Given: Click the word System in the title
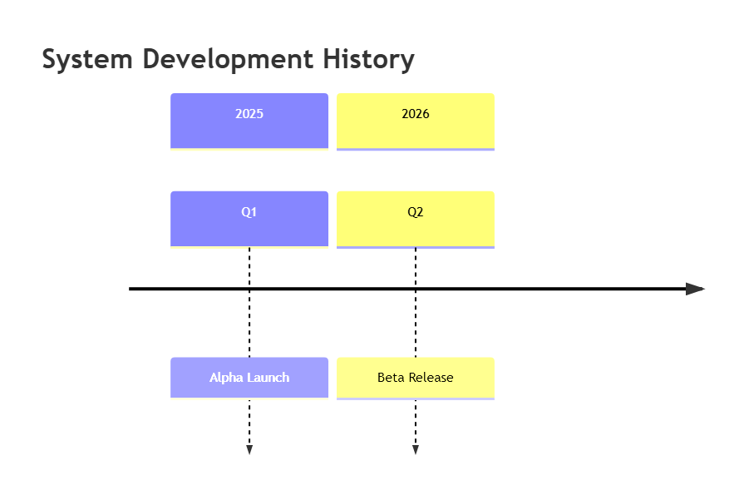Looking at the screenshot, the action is point(87,60).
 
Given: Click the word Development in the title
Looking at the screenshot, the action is point(228,60).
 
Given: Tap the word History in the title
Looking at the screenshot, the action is point(369,60).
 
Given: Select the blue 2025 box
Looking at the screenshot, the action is point(249,121).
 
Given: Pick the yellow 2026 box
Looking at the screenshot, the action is point(415,121).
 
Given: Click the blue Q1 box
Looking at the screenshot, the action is point(249,219).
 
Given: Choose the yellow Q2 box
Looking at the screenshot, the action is point(415,219).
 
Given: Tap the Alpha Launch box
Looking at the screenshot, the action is point(249,379).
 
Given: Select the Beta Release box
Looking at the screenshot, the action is point(415,379).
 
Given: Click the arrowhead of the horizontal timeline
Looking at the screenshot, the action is point(695,289).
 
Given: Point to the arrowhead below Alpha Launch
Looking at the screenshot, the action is point(249,450).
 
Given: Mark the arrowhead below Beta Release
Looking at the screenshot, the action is point(415,450).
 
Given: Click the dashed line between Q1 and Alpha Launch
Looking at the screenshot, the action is point(249,303).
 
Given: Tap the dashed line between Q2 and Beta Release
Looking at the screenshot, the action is point(415,303).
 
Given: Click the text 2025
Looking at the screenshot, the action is point(249,114).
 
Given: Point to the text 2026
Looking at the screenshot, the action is point(415,114).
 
